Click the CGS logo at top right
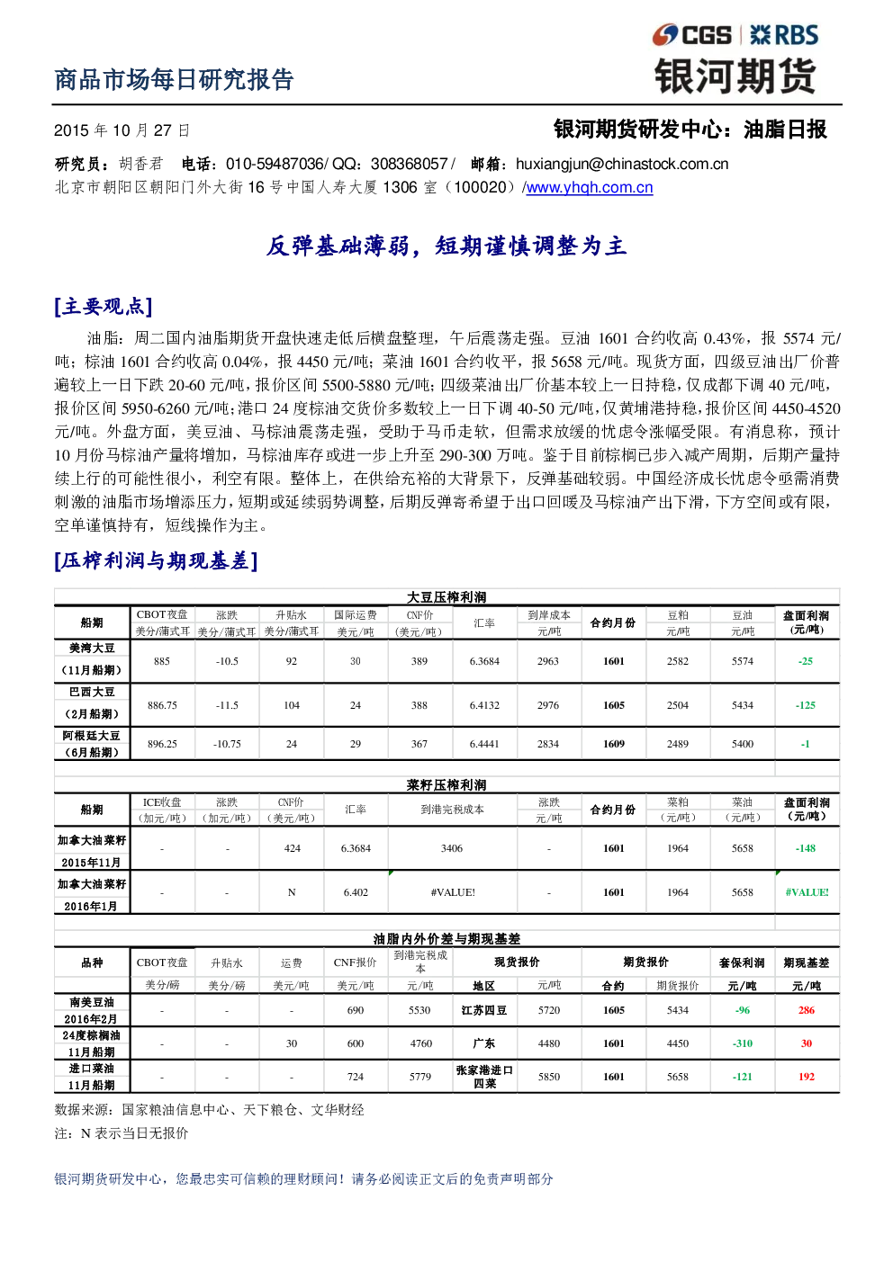[x=691, y=35]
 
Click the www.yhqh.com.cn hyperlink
[x=589, y=187]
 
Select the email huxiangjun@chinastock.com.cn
[x=622, y=164]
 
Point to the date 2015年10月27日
[x=122, y=130]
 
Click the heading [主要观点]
[x=104, y=307]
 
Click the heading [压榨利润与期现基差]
[x=156, y=560]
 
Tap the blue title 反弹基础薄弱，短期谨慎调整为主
[x=446, y=246]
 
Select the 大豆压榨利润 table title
[x=446, y=597]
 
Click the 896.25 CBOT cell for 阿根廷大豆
[x=162, y=744]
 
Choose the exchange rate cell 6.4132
[x=484, y=705]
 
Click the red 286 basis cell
[x=807, y=1010]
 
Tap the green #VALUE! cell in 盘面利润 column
[x=807, y=892]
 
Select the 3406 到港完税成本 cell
[x=452, y=848]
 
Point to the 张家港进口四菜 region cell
[x=484, y=1076]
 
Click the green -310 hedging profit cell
[x=742, y=1043]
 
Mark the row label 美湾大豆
[x=92, y=649]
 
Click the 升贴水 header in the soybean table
[x=291, y=615]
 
